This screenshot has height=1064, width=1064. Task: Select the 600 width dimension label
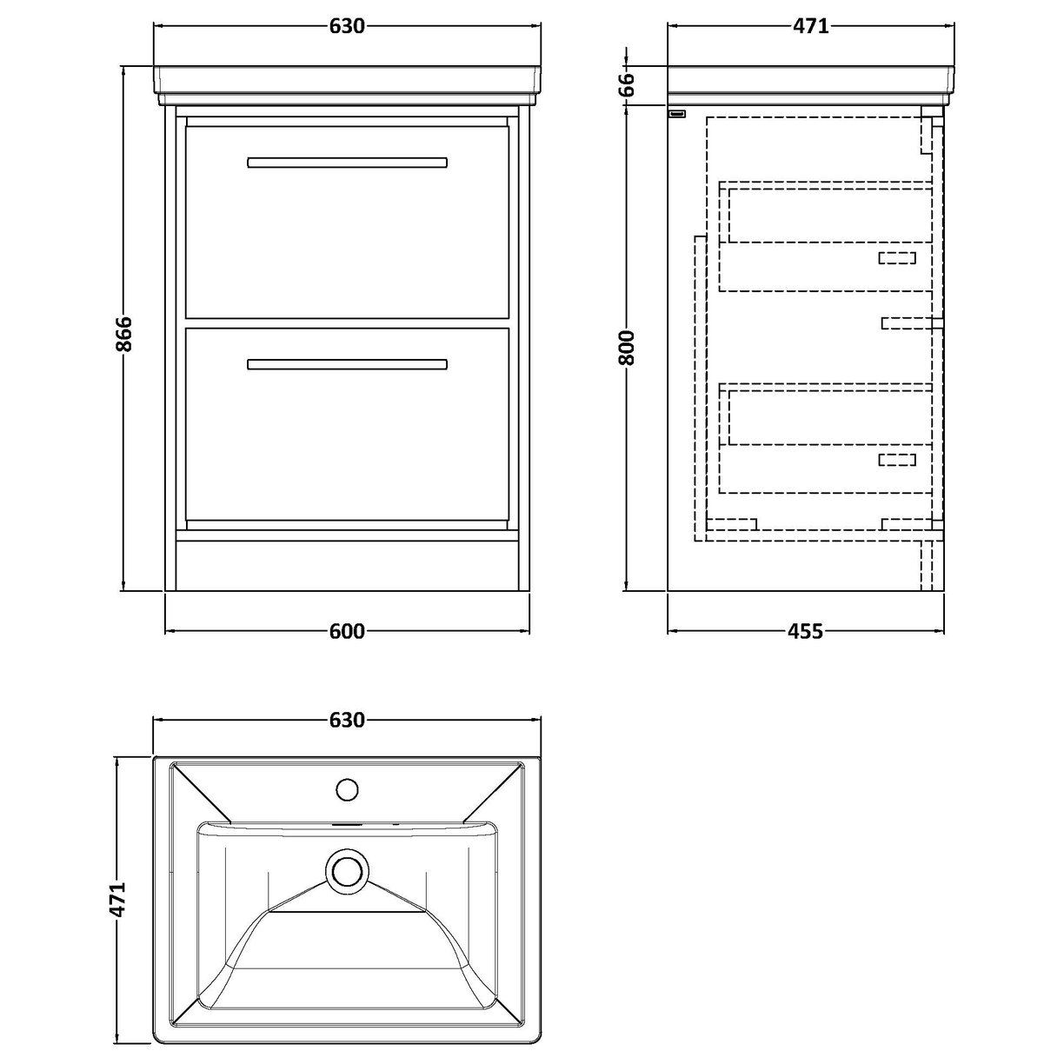pos(347,632)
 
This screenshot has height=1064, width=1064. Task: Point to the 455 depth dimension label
pos(806,632)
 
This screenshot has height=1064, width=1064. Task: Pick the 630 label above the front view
pos(346,26)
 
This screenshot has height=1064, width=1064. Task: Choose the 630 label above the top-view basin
pos(346,721)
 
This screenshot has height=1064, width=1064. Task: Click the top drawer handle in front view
pos(347,163)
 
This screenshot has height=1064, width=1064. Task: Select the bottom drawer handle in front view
pos(347,364)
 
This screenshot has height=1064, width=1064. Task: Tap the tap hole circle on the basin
pos(347,789)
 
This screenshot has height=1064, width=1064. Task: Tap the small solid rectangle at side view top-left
pos(677,113)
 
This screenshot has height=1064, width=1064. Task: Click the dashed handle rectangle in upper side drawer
pos(897,257)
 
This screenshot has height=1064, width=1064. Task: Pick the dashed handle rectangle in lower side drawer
pos(897,460)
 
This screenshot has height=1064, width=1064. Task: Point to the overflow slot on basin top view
pos(347,822)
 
